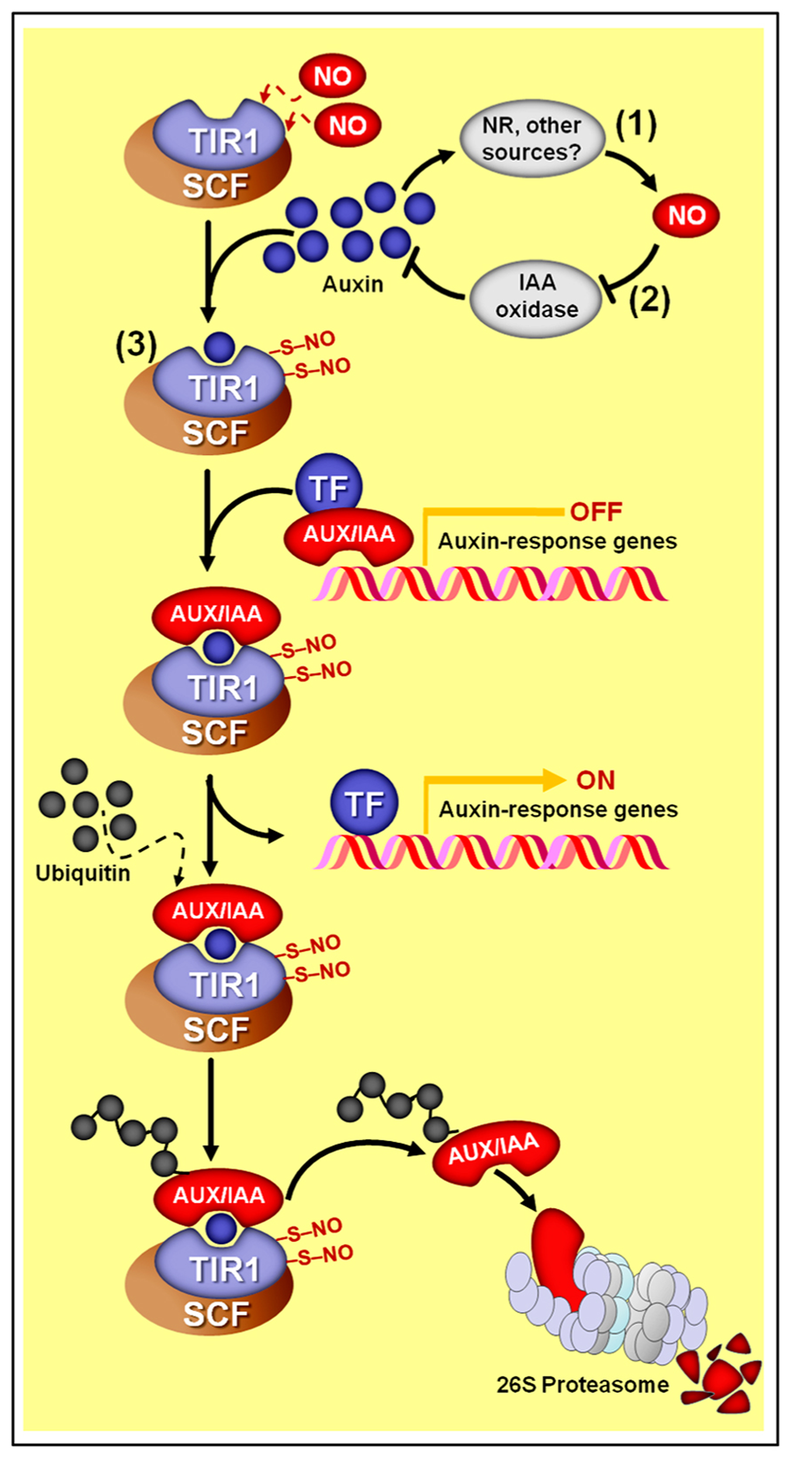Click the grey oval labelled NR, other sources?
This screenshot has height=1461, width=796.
tap(532, 139)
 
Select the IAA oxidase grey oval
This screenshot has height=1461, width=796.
tap(536, 297)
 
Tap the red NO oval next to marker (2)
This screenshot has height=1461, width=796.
tap(686, 216)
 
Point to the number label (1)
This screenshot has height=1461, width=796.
tap(636, 124)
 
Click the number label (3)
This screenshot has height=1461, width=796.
tap(136, 345)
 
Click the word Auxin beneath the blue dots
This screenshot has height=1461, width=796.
tap(353, 285)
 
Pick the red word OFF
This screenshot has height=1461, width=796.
tap(596, 512)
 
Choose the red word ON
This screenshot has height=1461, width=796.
tap(596, 780)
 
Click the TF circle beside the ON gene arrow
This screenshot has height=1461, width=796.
tap(364, 804)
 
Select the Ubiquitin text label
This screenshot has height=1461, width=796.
tap(83, 873)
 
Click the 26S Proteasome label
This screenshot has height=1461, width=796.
tap(583, 1384)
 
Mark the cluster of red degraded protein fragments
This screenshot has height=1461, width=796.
tap(722, 1373)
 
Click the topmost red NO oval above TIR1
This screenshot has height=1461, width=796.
tap(332, 77)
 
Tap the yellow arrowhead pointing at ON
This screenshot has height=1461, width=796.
tap(553, 780)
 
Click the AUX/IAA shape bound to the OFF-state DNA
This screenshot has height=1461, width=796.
tap(349, 535)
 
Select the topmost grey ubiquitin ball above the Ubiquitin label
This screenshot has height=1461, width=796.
tap(74, 771)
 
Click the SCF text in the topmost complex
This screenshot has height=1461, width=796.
tap(215, 186)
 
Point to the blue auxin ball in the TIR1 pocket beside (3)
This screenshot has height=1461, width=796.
tap(219, 347)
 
